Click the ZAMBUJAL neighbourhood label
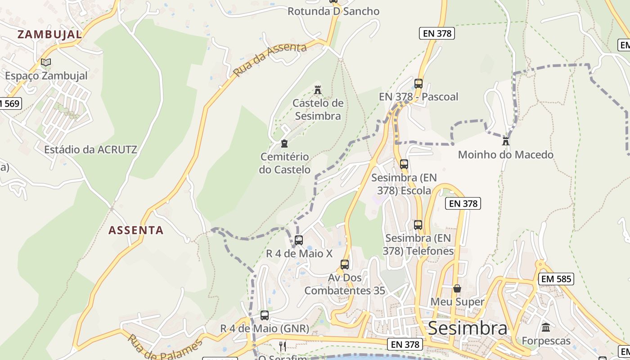click(49, 34)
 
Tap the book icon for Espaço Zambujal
click(46, 63)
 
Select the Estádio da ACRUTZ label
click(90, 149)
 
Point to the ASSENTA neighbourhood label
click(136, 230)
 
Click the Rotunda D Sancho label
click(333, 11)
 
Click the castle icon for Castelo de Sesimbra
click(318, 90)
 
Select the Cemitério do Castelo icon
click(284, 144)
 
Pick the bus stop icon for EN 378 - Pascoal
click(418, 83)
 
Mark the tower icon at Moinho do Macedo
click(506, 141)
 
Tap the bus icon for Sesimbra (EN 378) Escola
click(404, 164)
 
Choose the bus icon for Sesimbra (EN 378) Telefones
click(418, 225)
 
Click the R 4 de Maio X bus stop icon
click(299, 240)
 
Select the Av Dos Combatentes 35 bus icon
click(345, 264)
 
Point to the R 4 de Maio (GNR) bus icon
click(265, 315)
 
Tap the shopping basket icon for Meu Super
click(457, 288)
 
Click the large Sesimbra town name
click(468, 328)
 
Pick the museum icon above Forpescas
click(546, 327)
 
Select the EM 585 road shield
click(556, 279)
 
